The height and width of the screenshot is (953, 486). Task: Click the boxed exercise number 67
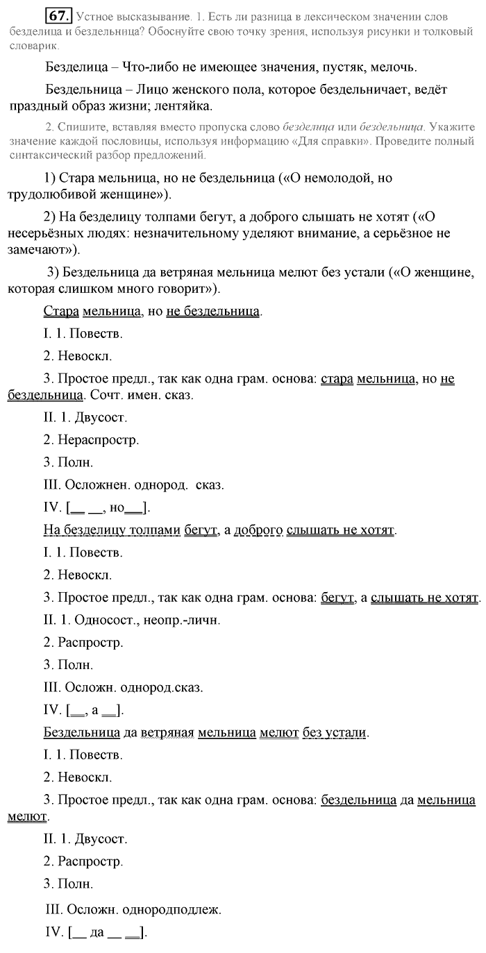(x=55, y=15)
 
